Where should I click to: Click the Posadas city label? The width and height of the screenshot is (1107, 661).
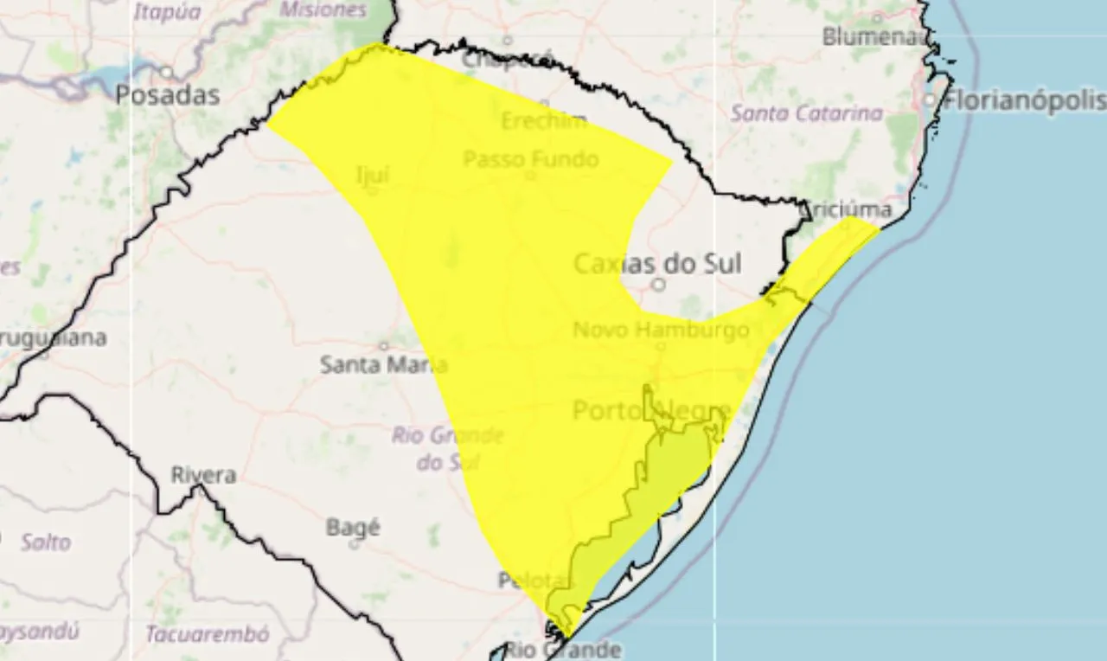click(167, 94)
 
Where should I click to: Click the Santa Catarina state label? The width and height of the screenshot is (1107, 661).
click(807, 112)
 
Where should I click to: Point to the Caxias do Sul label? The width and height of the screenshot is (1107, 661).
click(658, 262)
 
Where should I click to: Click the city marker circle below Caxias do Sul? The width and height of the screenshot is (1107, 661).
click(658, 284)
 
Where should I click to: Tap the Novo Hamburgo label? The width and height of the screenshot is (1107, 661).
click(660, 330)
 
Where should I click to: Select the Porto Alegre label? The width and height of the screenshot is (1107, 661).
click(652, 410)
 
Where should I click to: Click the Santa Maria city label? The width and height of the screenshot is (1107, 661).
click(383, 364)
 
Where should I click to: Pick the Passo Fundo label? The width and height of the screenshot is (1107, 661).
click(530, 159)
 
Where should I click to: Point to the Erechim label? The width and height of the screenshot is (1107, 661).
click(543, 121)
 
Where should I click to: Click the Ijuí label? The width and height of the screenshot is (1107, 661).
click(373, 175)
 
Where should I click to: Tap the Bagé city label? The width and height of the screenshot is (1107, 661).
click(353, 526)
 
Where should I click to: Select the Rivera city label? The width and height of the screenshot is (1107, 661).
click(203, 475)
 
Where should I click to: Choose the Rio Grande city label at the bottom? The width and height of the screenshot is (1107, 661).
click(562, 649)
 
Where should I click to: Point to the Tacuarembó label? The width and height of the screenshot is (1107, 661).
click(207, 634)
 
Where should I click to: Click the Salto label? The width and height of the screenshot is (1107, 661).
click(46, 542)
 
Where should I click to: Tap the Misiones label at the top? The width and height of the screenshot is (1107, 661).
click(323, 10)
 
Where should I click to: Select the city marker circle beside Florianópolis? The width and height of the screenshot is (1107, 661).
click(930, 100)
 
